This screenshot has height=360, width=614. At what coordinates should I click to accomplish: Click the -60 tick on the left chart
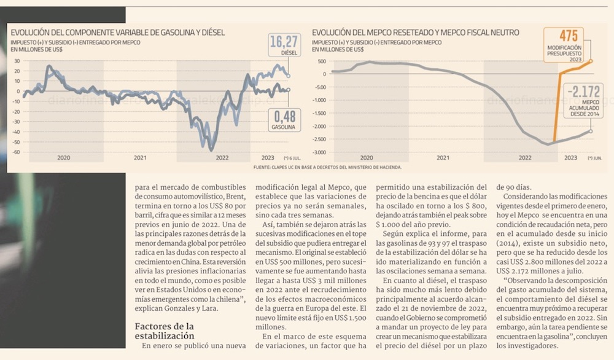[x=16, y=152]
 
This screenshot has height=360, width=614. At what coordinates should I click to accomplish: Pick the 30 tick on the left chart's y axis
[x=17, y=61]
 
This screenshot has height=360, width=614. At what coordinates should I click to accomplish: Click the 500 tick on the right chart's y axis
[x=322, y=61]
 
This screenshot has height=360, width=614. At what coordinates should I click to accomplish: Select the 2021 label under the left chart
[x=140, y=158]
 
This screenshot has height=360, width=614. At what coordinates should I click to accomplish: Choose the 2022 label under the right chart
[x=524, y=158]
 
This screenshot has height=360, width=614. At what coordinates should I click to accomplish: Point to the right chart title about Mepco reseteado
[x=415, y=32]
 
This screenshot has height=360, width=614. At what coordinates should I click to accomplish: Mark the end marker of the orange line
[x=591, y=61]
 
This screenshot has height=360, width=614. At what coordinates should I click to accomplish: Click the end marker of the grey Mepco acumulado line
[x=591, y=131]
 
